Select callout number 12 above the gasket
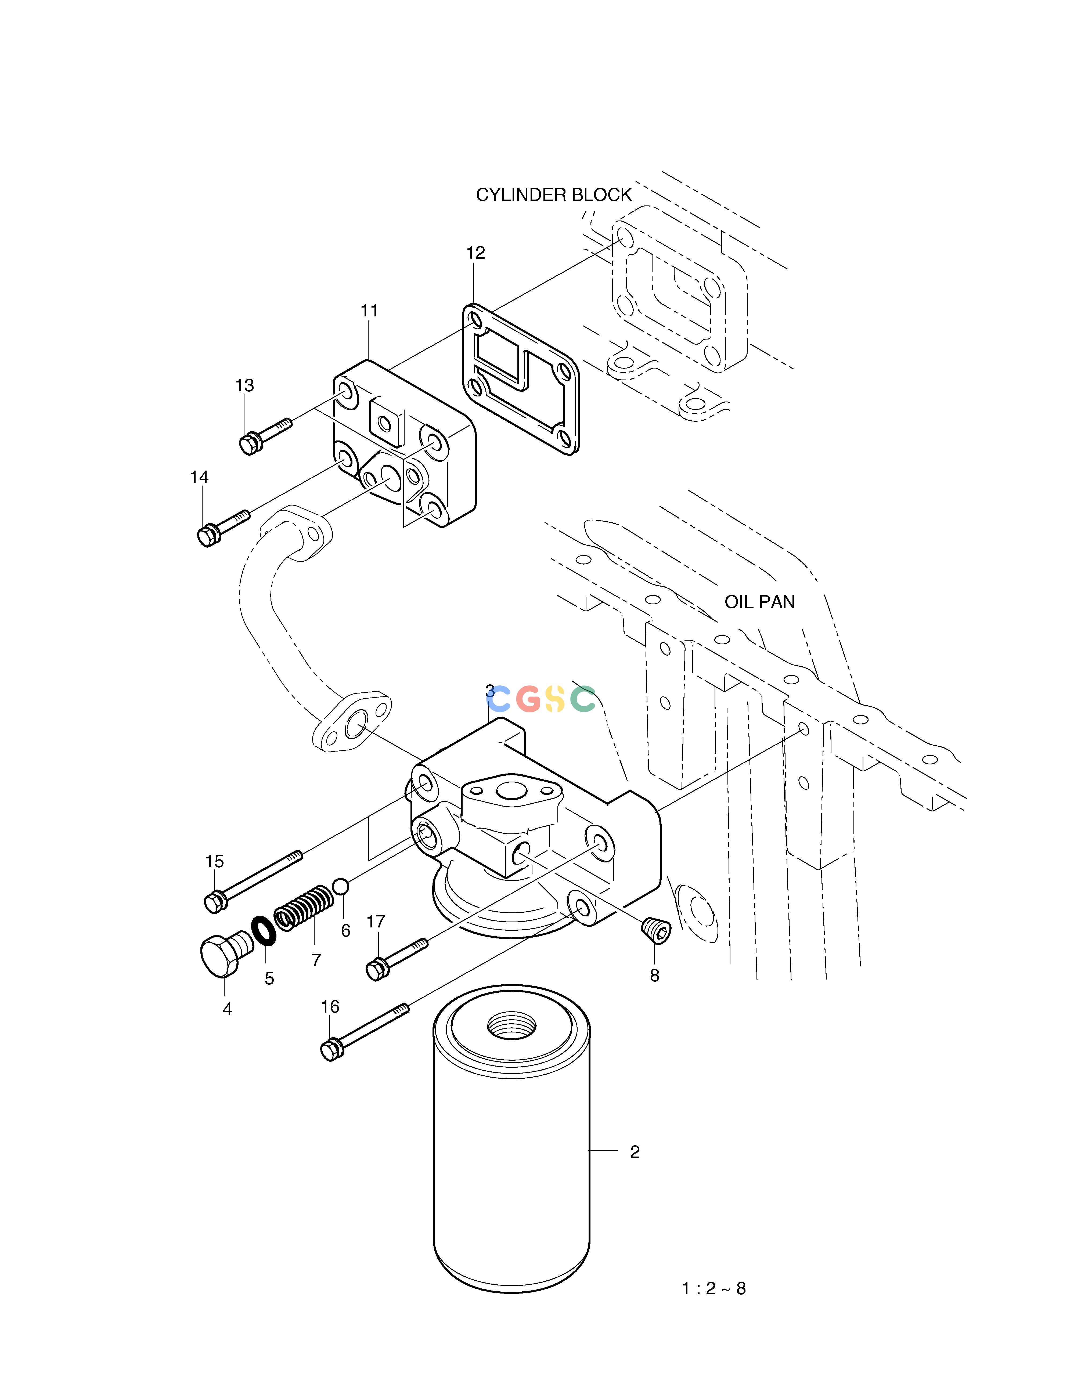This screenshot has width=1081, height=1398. [x=476, y=253]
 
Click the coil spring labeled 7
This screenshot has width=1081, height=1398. [x=304, y=907]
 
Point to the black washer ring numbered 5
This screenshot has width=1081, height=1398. [x=264, y=931]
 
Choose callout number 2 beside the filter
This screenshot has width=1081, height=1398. [x=635, y=1152]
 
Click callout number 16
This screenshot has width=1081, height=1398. [x=330, y=1007]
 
